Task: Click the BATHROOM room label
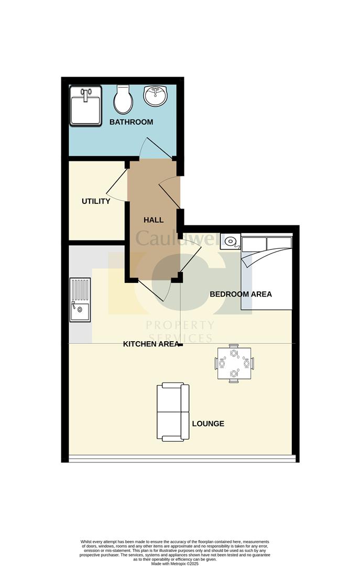click(131, 122)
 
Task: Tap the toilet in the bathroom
click(123, 99)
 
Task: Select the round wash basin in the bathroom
click(155, 95)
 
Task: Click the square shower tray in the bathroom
click(85, 106)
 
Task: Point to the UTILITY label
click(96, 201)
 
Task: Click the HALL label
click(154, 220)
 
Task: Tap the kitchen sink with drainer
click(80, 300)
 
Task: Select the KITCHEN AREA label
click(151, 344)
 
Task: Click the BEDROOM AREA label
click(241, 294)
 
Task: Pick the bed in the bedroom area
click(267, 273)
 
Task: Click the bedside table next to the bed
click(230, 241)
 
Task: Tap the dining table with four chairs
click(234, 363)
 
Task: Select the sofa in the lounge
click(173, 412)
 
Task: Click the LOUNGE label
click(208, 424)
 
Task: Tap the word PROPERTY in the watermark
click(180, 325)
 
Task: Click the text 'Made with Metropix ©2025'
click(175, 563)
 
